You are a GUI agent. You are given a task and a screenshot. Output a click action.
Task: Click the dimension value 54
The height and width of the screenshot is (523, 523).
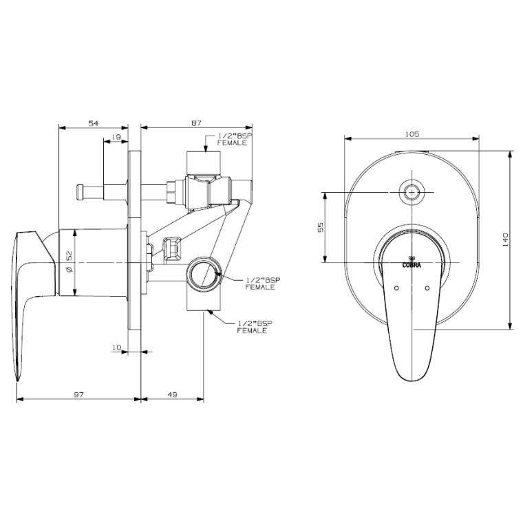[x=94, y=122]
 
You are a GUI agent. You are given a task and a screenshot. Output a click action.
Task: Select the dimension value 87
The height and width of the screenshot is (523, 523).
[x=196, y=122]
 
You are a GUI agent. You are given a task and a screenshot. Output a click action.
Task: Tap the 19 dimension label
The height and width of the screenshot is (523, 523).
[x=116, y=138]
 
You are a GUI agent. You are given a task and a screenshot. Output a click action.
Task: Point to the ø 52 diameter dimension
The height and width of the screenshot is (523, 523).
[x=69, y=262]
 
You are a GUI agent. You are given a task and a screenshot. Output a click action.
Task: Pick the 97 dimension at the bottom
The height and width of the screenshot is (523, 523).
[x=78, y=394]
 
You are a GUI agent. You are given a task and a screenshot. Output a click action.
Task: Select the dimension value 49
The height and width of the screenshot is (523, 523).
[x=172, y=394]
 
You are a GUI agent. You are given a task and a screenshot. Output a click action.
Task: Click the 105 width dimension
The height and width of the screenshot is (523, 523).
[x=413, y=134]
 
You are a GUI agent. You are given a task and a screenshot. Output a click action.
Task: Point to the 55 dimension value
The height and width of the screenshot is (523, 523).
[x=321, y=227]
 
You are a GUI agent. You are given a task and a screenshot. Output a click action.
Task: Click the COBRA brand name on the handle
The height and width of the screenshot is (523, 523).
[x=412, y=263]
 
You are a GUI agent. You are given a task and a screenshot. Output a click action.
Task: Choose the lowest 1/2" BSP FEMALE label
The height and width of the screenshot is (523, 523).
[x=253, y=327]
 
